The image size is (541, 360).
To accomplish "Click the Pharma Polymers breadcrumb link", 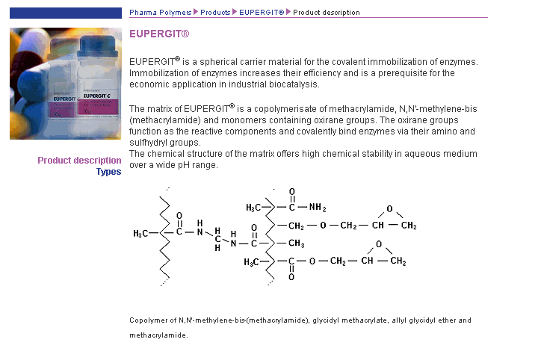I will pos(160,13).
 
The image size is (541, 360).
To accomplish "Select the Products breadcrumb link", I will pos(215,13).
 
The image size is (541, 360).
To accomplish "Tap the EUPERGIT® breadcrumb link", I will pos(262,13).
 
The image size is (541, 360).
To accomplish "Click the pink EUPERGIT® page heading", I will pos(159,34).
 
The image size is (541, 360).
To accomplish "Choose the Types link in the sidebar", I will pos(108,172).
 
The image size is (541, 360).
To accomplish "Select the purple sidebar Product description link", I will pos(79,161).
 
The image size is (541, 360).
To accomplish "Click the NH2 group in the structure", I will pos(318,207).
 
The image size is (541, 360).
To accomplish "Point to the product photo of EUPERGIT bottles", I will pos(66,84).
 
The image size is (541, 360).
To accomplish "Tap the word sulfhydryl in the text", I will pos(152,143).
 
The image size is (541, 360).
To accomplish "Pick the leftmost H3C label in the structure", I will pos(141,234).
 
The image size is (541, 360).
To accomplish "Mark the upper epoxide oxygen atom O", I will pos(389,209).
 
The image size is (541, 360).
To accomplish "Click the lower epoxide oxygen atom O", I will pos(379,244).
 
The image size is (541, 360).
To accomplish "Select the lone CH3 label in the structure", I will pos(296,243).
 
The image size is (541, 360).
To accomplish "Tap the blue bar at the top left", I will pos(65,13).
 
